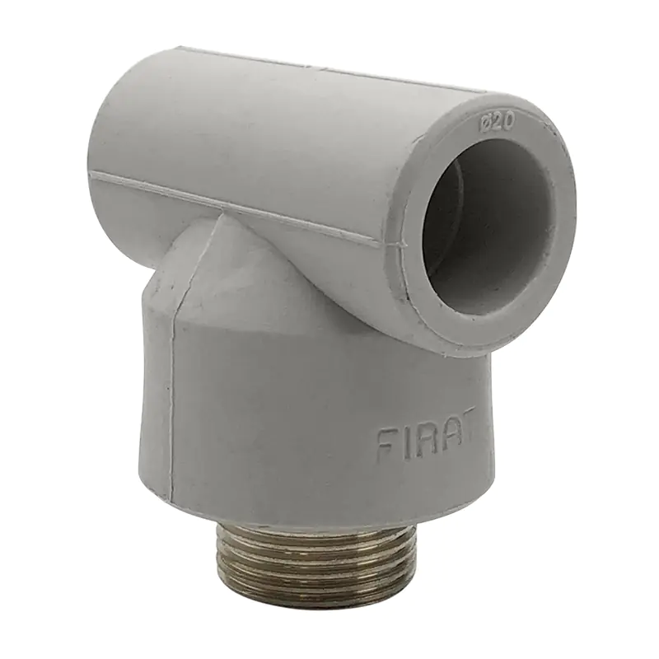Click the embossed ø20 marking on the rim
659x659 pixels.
(496, 123)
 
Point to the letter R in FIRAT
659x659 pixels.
(422, 437)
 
